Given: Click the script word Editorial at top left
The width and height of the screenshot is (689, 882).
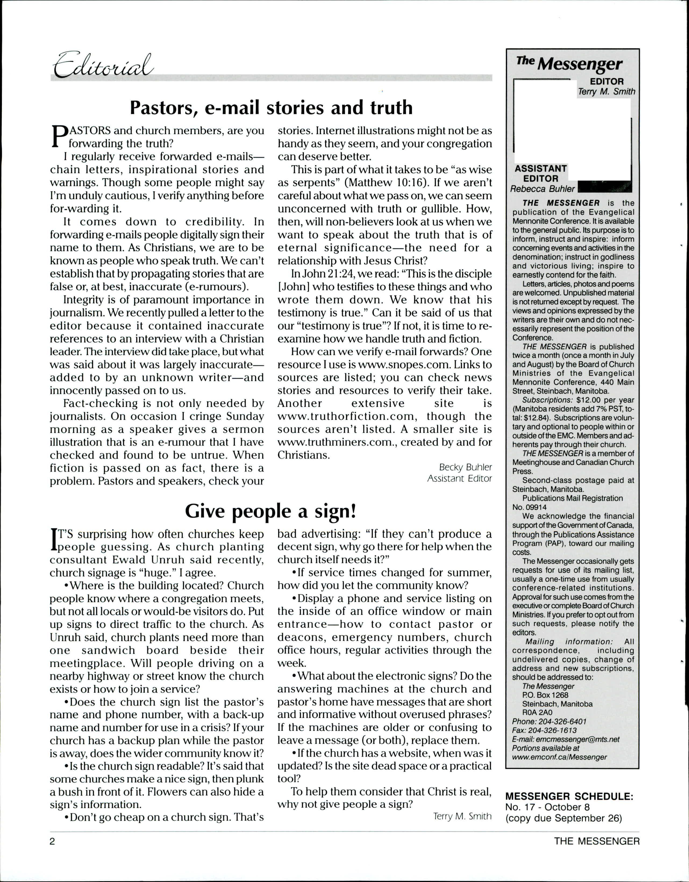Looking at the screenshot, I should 103,64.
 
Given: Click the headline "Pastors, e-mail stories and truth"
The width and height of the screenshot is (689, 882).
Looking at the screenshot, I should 271,108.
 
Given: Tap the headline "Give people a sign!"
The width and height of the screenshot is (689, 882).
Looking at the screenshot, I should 271,511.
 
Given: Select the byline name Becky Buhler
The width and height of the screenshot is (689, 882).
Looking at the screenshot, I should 465,467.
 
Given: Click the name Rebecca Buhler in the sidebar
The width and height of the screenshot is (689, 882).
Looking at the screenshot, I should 542,189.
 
